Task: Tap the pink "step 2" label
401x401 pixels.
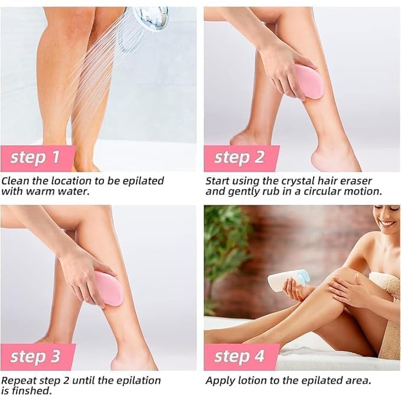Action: [x=240, y=158]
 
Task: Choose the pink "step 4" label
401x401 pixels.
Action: [x=240, y=357]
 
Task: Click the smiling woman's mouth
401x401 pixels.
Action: [x=387, y=224]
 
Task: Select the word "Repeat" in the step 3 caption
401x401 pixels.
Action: [x=18, y=380]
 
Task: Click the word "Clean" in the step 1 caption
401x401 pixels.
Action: [x=15, y=181]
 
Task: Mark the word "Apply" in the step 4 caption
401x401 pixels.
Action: [x=220, y=380]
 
